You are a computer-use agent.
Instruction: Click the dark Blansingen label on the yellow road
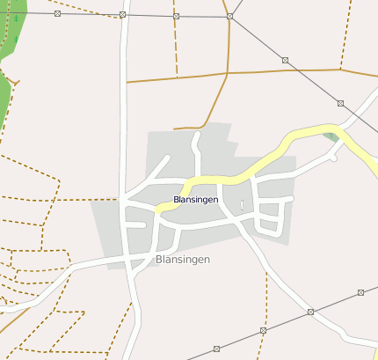click(x=196, y=200)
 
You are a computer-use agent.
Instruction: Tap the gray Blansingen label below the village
click(x=182, y=260)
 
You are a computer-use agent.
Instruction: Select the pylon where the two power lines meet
click(x=229, y=17)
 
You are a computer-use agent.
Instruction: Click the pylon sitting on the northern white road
click(x=122, y=15)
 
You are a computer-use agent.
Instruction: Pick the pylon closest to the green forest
click(x=57, y=14)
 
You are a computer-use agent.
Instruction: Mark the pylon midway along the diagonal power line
click(x=285, y=60)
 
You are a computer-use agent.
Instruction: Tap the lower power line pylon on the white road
click(x=310, y=312)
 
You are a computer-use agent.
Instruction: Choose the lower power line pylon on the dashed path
click(x=264, y=330)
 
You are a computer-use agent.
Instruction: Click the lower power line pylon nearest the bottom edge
click(x=216, y=349)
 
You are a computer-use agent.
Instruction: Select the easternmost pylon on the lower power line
click(x=361, y=291)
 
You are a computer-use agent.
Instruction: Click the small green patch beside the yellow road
click(x=330, y=136)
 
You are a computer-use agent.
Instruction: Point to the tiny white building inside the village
click(x=242, y=205)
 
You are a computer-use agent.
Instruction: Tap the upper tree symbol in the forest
click(x=17, y=17)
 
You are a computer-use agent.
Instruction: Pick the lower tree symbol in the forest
click(x=15, y=40)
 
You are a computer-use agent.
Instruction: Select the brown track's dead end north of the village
click(x=175, y=129)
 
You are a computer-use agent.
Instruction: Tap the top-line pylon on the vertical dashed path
click(x=176, y=16)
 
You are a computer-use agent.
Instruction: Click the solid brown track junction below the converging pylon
click(x=228, y=73)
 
